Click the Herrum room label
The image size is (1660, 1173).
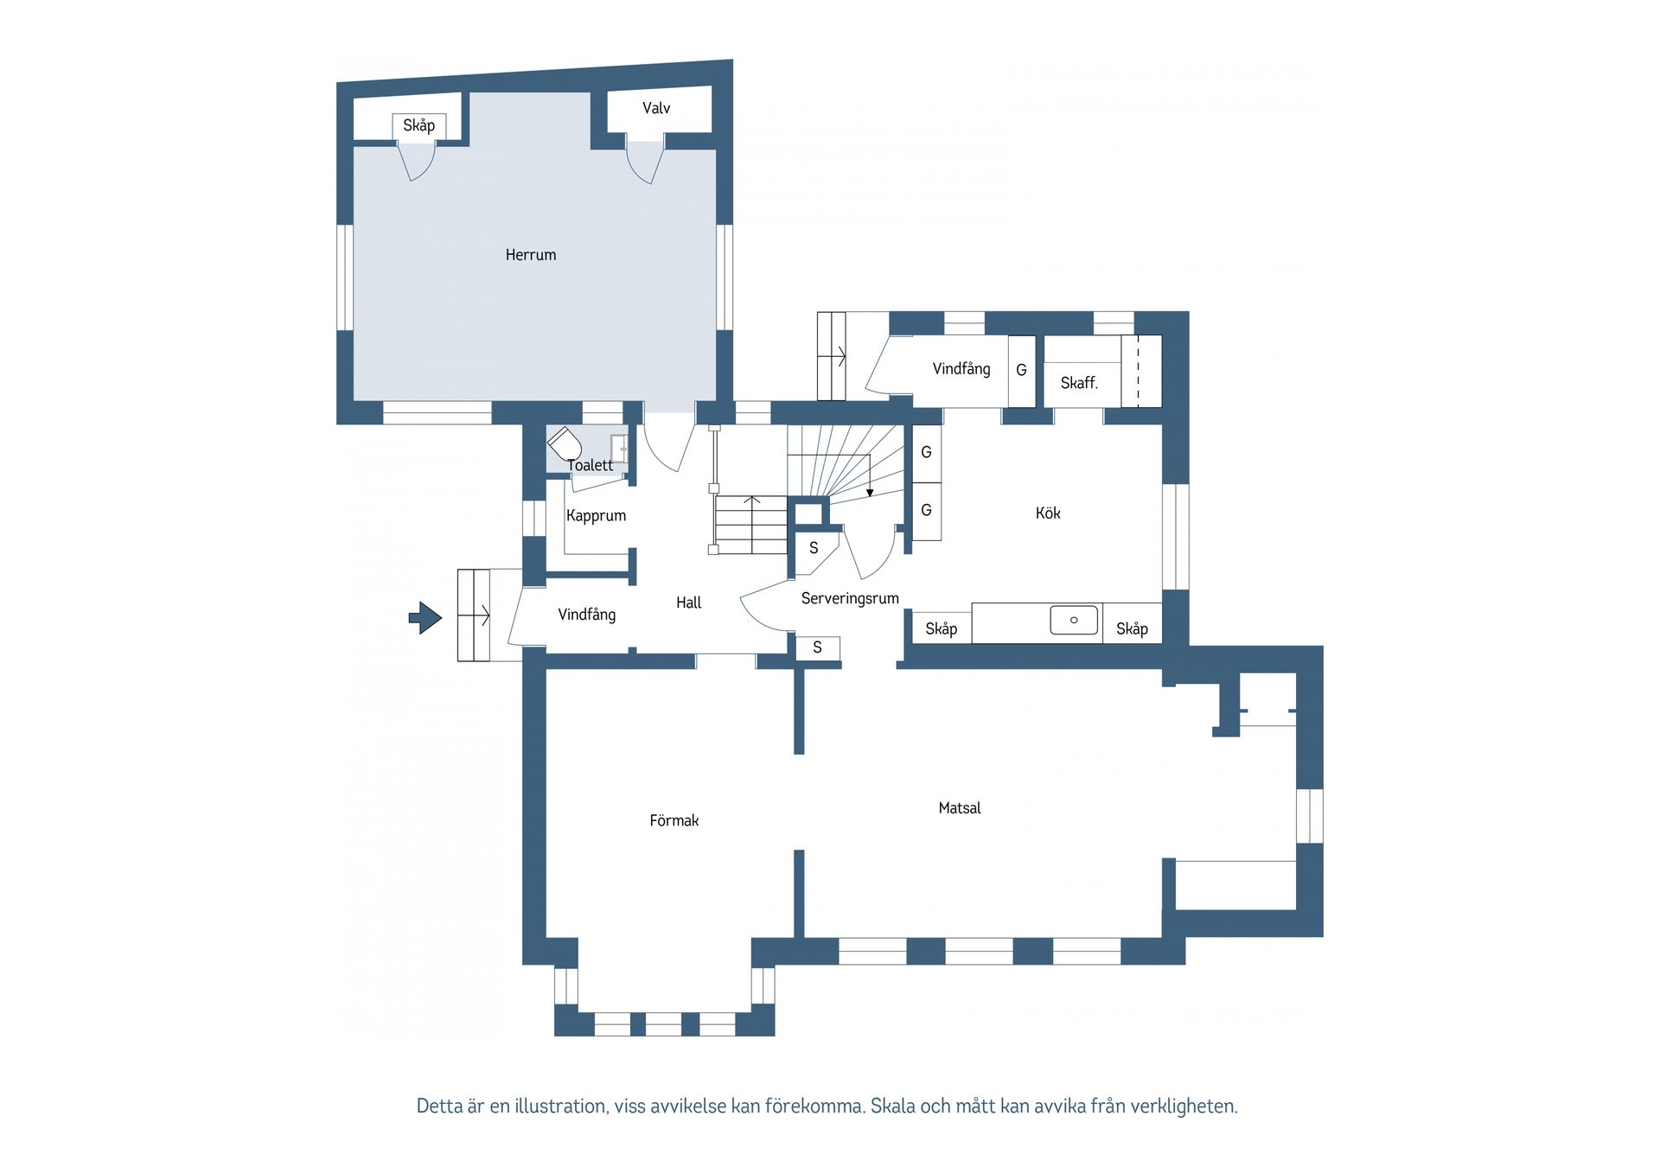(531, 255)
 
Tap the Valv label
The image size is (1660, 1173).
(656, 108)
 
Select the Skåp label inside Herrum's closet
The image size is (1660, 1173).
(419, 125)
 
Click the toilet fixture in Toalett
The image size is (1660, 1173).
(565, 444)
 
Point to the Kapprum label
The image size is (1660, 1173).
(596, 516)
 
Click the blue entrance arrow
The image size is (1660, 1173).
(425, 617)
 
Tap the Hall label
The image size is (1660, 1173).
(689, 602)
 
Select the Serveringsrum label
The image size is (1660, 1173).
(850, 598)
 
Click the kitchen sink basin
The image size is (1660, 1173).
(1074, 620)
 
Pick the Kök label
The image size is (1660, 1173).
(1048, 513)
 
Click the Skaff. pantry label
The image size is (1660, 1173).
(1079, 383)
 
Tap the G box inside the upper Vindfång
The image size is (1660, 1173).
(1022, 371)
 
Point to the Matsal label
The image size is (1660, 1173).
(960, 808)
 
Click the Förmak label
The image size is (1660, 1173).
(674, 820)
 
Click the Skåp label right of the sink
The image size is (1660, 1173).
(1132, 629)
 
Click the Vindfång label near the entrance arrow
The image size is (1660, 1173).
(587, 615)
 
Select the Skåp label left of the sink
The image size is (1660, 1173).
(942, 629)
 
